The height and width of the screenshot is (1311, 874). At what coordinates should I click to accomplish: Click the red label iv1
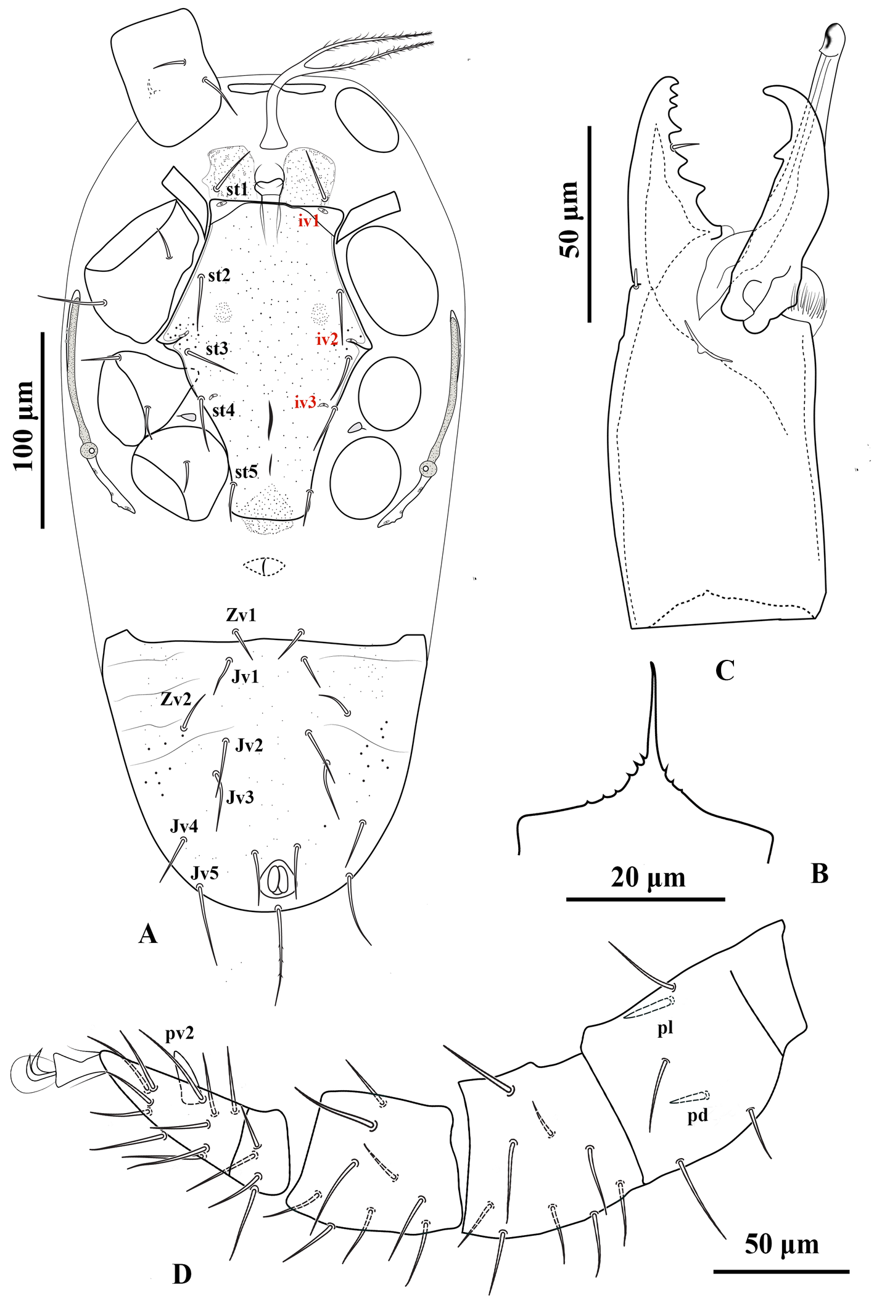click(x=309, y=221)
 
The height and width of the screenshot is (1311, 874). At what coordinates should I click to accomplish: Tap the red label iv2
click(x=327, y=339)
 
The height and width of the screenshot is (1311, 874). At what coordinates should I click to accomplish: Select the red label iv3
click(x=305, y=403)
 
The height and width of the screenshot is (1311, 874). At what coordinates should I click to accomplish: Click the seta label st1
click(x=237, y=189)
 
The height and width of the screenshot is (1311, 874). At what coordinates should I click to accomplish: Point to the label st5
click(x=246, y=472)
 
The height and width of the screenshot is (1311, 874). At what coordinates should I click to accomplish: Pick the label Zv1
click(x=241, y=615)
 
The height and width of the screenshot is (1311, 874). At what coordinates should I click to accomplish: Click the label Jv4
click(x=184, y=826)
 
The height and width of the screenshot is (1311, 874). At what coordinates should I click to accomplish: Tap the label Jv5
click(x=204, y=873)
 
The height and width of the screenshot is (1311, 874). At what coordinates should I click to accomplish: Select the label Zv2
click(x=176, y=699)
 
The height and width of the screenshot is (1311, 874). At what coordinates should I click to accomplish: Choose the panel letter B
click(x=819, y=873)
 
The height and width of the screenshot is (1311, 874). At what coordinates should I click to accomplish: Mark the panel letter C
click(x=724, y=670)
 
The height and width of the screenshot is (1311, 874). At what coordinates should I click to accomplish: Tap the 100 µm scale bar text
click(x=24, y=426)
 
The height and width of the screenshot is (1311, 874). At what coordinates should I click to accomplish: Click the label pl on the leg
click(x=665, y=1027)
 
